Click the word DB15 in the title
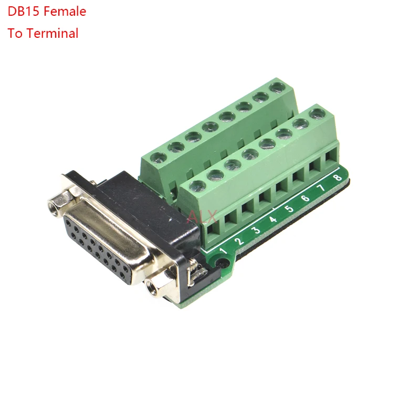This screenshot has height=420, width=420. coord(23,12)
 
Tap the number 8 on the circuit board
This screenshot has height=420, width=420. coord(337,178)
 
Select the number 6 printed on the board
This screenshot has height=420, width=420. coord(305,199)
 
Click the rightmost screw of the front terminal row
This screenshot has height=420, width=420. coord(316,112)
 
